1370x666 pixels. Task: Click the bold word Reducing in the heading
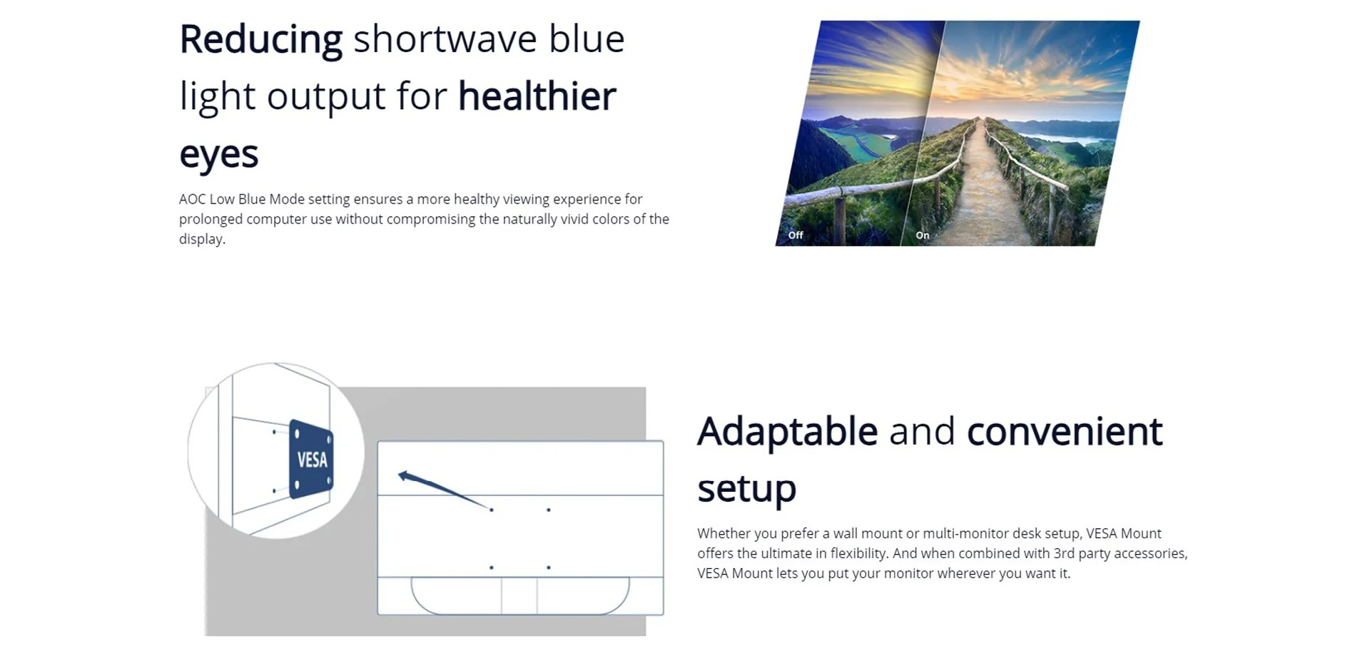click(x=260, y=39)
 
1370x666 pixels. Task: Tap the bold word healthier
click(x=537, y=96)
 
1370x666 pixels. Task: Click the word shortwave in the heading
click(x=445, y=39)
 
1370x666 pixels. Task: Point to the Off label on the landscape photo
click(x=796, y=235)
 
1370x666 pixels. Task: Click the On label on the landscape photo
click(x=923, y=235)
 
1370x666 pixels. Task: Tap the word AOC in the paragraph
click(x=192, y=199)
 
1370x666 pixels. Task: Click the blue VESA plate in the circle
click(x=311, y=459)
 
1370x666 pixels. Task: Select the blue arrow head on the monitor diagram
click(x=404, y=475)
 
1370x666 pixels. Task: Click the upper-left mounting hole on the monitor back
click(x=492, y=510)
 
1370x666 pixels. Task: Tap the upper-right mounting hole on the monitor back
click(x=548, y=510)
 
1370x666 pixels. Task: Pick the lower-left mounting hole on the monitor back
click(x=492, y=567)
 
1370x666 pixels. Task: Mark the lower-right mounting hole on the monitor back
click(x=548, y=567)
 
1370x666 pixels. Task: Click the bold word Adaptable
click(x=788, y=433)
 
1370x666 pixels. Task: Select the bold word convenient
click(x=1065, y=432)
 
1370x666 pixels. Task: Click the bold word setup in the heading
click(x=746, y=490)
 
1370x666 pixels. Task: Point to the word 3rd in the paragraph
click(x=1064, y=553)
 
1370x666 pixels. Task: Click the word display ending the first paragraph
click(x=202, y=239)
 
